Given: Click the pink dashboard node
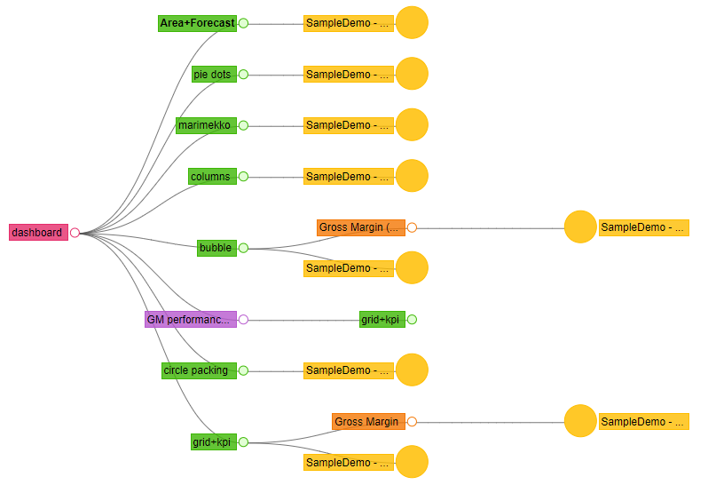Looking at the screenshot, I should point(38,233).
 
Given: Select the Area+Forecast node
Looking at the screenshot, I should point(198,23).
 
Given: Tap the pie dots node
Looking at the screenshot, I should point(213,75).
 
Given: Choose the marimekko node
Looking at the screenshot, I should point(205,125).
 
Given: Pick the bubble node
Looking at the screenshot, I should point(216,248).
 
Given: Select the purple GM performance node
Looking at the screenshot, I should point(191,320).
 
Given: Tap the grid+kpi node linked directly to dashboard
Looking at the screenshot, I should point(213,441).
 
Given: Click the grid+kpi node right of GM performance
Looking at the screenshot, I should point(382,320).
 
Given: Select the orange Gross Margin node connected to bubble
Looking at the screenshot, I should point(361,227).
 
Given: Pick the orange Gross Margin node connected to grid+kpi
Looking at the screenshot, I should point(368,421).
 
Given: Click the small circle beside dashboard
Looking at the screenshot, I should point(75,233).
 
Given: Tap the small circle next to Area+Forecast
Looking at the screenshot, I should point(243,23).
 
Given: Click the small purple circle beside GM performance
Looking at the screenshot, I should point(243,320).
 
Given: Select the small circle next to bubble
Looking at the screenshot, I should point(243,248).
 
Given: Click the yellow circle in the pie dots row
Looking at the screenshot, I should point(412,75).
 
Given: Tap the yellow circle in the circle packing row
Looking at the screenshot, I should point(412,370).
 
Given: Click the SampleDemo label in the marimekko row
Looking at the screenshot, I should point(348,125).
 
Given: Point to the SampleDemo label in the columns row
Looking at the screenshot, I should point(348,177).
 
